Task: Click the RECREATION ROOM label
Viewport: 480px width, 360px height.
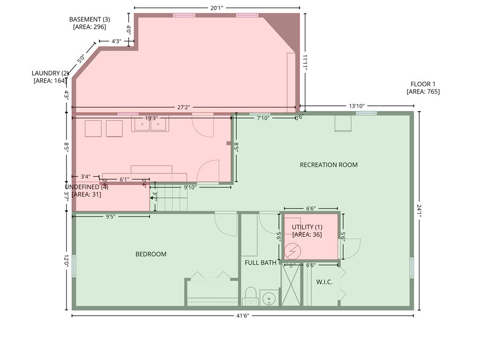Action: pyautogui.click(x=329, y=165)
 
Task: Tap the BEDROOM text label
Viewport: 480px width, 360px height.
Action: pyautogui.click(x=151, y=254)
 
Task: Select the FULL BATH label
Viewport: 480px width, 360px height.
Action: pyautogui.click(x=261, y=262)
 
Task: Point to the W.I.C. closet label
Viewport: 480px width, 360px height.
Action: pyautogui.click(x=324, y=282)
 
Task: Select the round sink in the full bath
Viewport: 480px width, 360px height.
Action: pyautogui.click(x=269, y=298)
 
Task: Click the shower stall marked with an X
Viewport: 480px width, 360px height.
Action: pyautogui.click(x=291, y=285)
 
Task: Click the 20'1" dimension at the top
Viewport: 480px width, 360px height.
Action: pyautogui.click(x=216, y=7)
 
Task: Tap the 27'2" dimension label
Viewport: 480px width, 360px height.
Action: pyautogui.click(x=183, y=107)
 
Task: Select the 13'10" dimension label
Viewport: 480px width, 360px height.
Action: pyautogui.click(x=356, y=106)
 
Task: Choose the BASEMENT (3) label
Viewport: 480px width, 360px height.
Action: pyautogui.click(x=90, y=23)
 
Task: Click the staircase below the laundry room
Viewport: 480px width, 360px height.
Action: pyautogui.click(x=172, y=200)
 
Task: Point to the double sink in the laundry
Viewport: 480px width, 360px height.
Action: pyautogui.click(x=150, y=124)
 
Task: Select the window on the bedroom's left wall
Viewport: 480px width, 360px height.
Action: pyautogui.click(x=74, y=266)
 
